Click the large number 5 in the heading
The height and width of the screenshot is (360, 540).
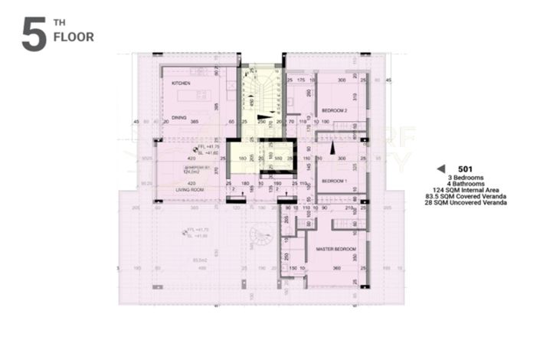point(34,35)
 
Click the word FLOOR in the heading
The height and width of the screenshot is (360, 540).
point(74,37)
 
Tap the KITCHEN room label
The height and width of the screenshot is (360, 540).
point(181,83)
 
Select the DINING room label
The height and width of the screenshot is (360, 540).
point(178,118)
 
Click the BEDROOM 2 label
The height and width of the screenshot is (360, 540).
point(335,110)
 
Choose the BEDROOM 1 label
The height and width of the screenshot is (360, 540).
point(334,181)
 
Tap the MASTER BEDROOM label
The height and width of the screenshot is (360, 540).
point(336,250)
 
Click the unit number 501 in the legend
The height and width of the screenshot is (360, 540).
point(464,169)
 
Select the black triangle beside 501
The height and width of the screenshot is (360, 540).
point(440,169)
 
